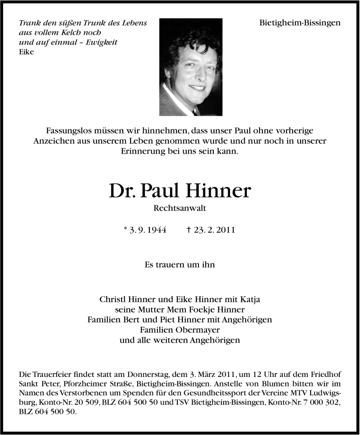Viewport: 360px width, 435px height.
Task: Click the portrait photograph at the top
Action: click(190, 67)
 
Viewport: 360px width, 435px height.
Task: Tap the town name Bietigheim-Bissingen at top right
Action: click(300, 23)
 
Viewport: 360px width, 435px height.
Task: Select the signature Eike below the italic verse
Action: click(27, 52)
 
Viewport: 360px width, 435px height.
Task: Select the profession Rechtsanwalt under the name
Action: click(180, 208)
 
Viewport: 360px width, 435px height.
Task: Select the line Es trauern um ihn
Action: click(180, 265)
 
